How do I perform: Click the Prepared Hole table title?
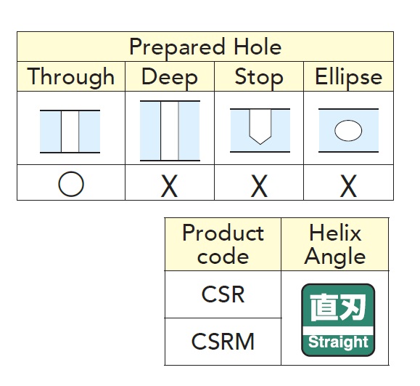tap(205, 47)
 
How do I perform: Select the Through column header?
tap(71, 77)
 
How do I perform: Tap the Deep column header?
tap(170, 77)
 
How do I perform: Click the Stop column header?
tap(259, 77)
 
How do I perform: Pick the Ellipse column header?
tap(348, 77)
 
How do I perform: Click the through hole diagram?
tap(70, 132)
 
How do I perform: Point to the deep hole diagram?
tap(170, 131)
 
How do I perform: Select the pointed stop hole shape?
tap(260, 126)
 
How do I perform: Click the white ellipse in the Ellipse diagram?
tap(348, 131)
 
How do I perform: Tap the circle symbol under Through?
tap(71, 184)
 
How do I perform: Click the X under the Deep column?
tap(169, 186)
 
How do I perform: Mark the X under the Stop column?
tap(259, 186)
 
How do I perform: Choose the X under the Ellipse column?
tap(348, 186)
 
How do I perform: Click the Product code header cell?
tap(223, 244)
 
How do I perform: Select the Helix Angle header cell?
tap(335, 244)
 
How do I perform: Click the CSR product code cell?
tap(223, 294)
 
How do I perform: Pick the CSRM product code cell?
tap(223, 342)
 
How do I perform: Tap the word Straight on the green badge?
tap(338, 342)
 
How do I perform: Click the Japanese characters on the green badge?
tap(338, 307)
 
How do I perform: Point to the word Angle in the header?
tap(335, 257)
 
